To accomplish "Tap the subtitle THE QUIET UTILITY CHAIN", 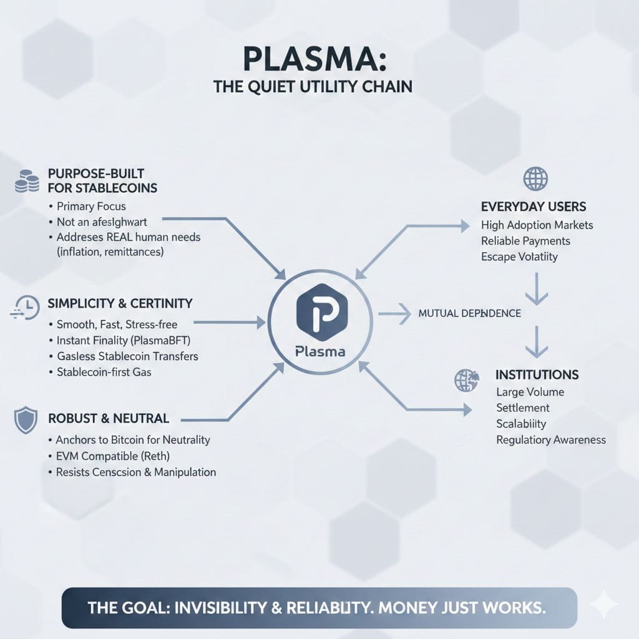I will tap(313, 86).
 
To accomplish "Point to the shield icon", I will tap(26, 419).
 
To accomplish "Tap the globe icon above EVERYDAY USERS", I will tap(535, 179).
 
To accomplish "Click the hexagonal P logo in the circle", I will tap(320, 311).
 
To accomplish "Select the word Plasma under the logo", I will tap(320, 351).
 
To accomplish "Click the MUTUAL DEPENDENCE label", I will tap(470, 313).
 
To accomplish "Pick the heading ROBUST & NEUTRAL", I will tap(109, 418).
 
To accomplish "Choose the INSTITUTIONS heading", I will tap(537, 374).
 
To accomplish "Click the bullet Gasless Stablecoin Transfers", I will tap(127, 356).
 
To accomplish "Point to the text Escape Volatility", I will tap(520, 256).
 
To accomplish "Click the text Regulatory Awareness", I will tap(551, 440).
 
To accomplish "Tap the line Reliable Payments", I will tap(526, 241).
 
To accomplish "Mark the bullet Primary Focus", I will tap(92, 206).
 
